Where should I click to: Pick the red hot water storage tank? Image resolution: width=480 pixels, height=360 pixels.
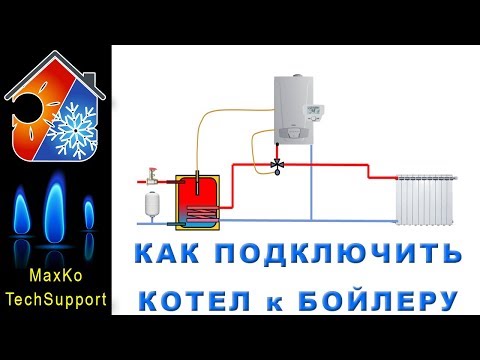194,199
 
